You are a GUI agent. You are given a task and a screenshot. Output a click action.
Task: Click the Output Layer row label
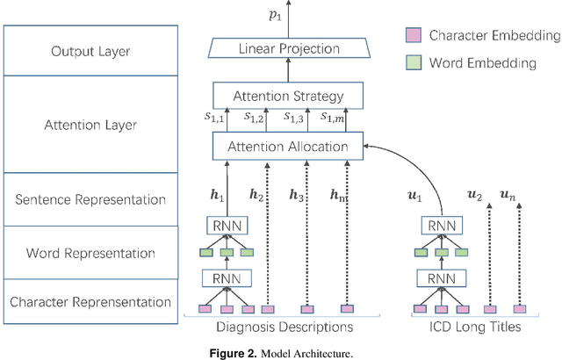click(90, 51)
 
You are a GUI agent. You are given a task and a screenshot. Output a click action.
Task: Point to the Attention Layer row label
click(90, 125)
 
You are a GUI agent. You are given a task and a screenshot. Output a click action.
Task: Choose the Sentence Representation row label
click(90, 199)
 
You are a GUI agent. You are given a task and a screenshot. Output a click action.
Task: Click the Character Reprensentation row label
click(90, 301)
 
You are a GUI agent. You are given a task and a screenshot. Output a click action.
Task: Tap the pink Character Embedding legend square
click(413, 36)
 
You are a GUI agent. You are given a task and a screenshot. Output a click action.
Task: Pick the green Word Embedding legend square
click(413, 62)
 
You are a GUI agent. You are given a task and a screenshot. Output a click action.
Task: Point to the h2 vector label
click(256, 194)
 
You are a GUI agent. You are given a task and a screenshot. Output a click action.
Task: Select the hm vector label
click(338, 194)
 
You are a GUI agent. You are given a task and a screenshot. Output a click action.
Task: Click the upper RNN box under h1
click(227, 226)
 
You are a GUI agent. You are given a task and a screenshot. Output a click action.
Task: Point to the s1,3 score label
click(295, 118)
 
